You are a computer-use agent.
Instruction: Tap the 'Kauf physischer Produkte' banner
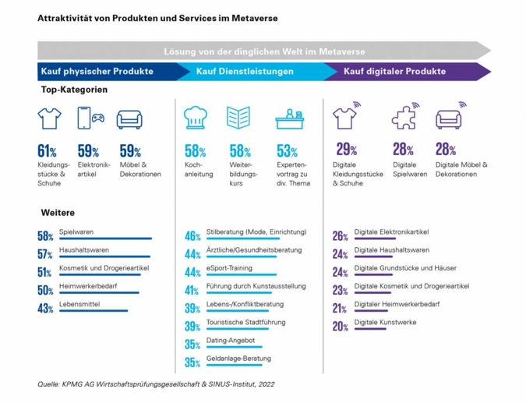(96, 72)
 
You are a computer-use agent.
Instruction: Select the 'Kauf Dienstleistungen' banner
(245, 72)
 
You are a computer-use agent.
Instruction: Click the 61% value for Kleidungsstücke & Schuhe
(47, 151)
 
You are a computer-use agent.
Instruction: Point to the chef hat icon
(195, 118)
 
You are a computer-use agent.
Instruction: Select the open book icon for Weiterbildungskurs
(238, 118)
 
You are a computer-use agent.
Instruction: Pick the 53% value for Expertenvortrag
(287, 151)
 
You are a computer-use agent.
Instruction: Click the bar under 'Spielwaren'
(105, 239)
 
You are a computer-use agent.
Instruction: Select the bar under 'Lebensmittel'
(93, 310)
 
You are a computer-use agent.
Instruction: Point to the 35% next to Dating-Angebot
(192, 345)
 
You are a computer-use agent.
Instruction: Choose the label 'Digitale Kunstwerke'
(385, 322)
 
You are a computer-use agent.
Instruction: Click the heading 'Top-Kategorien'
(74, 90)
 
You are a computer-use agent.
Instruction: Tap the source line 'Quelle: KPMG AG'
(156, 384)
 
